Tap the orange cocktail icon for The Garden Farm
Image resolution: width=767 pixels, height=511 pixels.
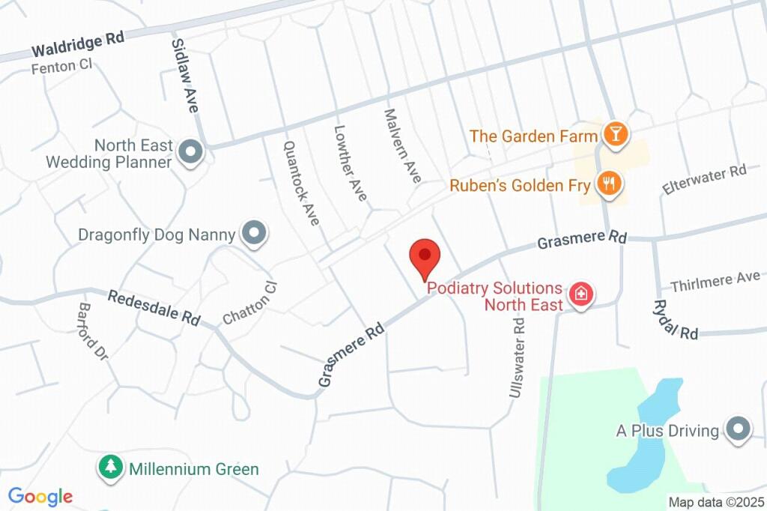(x=616, y=135)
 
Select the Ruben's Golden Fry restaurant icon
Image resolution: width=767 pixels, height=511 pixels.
(x=608, y=183)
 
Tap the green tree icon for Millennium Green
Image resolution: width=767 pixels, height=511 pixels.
(x=111, y=468)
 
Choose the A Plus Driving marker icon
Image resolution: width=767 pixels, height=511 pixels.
(x=739, y=430)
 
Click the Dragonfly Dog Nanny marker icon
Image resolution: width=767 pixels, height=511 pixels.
(x=254, y=234)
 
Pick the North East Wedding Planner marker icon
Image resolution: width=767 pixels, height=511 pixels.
(x=191, y=153)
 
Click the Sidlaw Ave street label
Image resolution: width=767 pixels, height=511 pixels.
(x=184, y=75)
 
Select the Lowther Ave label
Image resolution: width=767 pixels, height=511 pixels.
(x=351, y=163)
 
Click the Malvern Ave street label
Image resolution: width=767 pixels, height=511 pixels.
(x=402, y=145)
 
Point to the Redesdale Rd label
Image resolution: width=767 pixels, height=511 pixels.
(x=153, y=307)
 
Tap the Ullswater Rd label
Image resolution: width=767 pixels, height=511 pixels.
(x=516, y=356)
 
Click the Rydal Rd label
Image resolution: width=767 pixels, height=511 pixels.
(x=675, y=319)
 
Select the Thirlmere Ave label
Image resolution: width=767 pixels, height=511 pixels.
(x=715, y=282)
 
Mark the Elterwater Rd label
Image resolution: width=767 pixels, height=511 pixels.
(x=704, y=180)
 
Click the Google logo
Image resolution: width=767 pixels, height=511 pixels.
(x=40, y=496)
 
